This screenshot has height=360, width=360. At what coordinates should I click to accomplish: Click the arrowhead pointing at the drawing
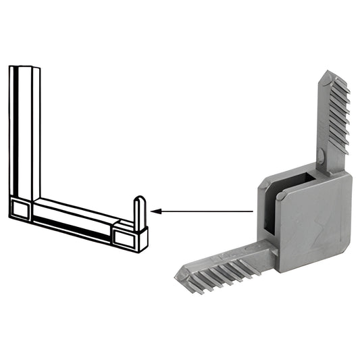[155, 211]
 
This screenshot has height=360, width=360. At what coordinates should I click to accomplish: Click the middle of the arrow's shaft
[203, 211]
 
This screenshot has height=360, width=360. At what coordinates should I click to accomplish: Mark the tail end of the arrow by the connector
[253, 211]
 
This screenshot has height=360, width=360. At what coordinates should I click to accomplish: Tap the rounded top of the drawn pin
[138, 199]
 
